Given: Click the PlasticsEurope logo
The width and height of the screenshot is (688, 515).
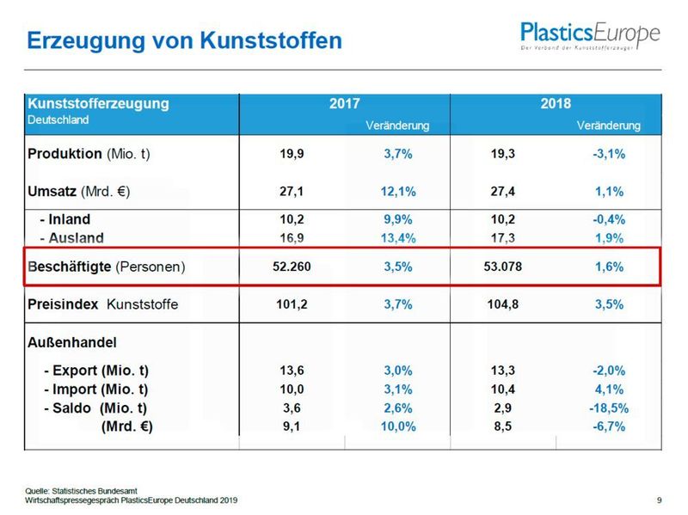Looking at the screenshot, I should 590,36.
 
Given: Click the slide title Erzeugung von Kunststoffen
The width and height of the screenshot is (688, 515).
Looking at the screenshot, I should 184,40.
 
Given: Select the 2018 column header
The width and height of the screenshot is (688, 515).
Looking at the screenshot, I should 556,103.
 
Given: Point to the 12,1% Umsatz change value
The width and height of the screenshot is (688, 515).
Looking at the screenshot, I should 398,191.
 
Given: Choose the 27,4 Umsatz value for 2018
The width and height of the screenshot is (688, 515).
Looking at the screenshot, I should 503,191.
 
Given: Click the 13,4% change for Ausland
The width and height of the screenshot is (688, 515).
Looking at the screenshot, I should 398,237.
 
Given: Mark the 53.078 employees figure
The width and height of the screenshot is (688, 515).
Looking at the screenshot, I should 503,267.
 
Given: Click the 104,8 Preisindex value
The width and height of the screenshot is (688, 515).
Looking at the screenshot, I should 503,303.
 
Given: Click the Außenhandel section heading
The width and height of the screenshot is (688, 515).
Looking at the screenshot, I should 71,340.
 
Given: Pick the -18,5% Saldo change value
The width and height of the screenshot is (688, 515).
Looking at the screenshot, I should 609,408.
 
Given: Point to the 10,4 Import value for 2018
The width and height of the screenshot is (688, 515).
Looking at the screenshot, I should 503,389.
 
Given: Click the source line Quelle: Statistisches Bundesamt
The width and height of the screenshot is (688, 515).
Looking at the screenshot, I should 79,490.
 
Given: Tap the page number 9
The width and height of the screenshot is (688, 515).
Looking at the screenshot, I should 659,500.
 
